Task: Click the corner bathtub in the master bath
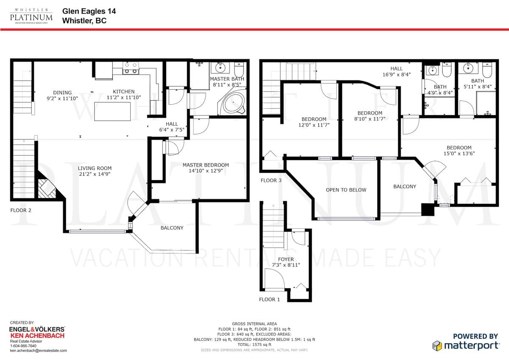click(x=232, y=103)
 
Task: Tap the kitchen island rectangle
click(x=112, y=111)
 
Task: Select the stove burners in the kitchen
click(x=131, y=68)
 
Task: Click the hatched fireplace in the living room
click(x=47, y=188)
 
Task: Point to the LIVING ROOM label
click(x=95, y=168)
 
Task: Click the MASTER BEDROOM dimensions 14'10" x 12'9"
click(x=206, y=171)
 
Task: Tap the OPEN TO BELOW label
click(x=346, y=190)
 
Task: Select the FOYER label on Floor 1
click(x=286, y=259)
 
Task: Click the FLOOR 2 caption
click(x=21, y=211)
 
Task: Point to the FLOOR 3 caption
click(x=271, y=180)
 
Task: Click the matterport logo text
click(x=472, y=346)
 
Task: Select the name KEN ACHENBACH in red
click(x=37, y=336)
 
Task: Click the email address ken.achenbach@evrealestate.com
click(x=39, y=351)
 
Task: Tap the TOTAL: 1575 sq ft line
click(x=254, y=345)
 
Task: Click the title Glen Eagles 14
click(x=89, y=11)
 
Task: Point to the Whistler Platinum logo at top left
click(x=31, y=16)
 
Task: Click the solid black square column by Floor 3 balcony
click(x=428, y=209)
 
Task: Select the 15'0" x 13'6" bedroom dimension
click(x=459, y=154)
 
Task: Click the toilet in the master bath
click(x=239, y=69)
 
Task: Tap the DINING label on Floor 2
click(x=62, y=93)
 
